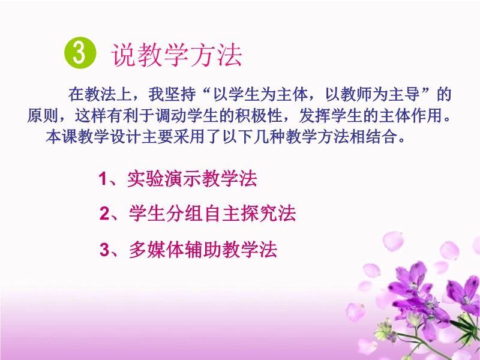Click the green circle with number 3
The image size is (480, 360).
(x=80, y=53)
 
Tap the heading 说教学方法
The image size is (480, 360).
(x=176, y=55)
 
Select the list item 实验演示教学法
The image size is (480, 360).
(x=192, y=178)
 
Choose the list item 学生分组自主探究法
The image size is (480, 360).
(x=212, y=214)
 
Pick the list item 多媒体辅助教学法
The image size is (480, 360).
(x=203, y=250)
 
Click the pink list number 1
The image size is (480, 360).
(x=103, y=179)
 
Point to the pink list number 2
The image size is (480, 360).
(x=104, y=214)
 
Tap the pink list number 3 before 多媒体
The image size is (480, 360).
(x=104, y=250)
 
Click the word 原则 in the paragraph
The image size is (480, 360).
(x=42, y=116)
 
